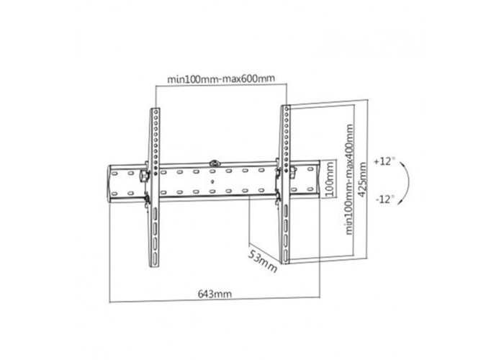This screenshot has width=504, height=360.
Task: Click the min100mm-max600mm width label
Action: tap(221, 78)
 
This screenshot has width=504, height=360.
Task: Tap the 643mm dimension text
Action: tap(215, 294)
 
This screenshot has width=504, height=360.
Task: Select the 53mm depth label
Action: tap(262, 261)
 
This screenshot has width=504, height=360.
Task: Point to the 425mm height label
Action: tap(362, 179)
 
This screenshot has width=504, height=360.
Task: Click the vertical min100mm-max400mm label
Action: tap(348, 179)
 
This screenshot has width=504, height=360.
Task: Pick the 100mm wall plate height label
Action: tap(329, 180)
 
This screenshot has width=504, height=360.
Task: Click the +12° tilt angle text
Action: tap(384, 161)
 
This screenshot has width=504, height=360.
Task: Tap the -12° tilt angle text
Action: tap(384, 199)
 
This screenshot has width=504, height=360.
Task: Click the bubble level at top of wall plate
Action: tap(215, 163)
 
